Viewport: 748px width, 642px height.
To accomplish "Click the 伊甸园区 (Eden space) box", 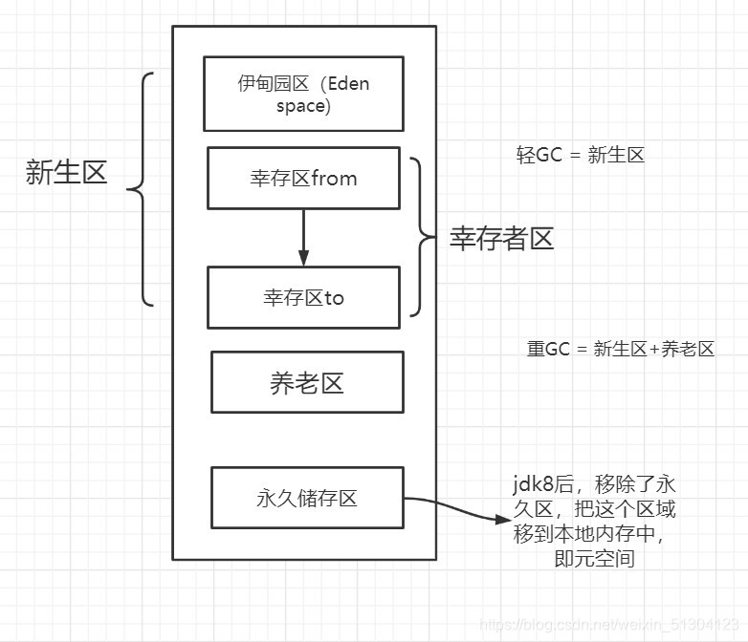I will tap(303, 94).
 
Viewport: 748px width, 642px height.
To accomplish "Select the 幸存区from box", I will tap(303, 178).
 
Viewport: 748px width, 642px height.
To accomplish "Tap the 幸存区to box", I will tap(303, 297).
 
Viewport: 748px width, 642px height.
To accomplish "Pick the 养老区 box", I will tap(307, 382).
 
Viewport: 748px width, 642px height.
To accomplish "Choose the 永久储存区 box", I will tap(307, 497).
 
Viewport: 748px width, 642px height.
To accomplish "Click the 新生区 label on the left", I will tap(66, 172).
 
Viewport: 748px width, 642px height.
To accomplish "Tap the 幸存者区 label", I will tap(502, 238).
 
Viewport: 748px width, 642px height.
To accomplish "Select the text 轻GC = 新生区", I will tap(580, 155).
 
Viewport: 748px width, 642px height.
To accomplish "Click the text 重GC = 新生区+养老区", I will tap(621, 349).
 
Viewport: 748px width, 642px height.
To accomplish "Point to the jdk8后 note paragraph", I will tap(594, 521).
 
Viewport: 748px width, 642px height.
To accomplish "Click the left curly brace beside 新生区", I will tap(141, 189).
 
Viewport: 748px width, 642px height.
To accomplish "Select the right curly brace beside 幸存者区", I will tap(418, 237).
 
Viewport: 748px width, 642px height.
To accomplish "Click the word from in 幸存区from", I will tap(334, 178).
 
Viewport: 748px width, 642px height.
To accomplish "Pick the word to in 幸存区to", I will tap(334, 297).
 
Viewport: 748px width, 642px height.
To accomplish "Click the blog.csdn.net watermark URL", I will tap(611, 624).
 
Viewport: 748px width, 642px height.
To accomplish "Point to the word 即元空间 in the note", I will tap(594, 558).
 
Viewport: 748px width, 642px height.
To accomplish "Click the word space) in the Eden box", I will tap(303, 106).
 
